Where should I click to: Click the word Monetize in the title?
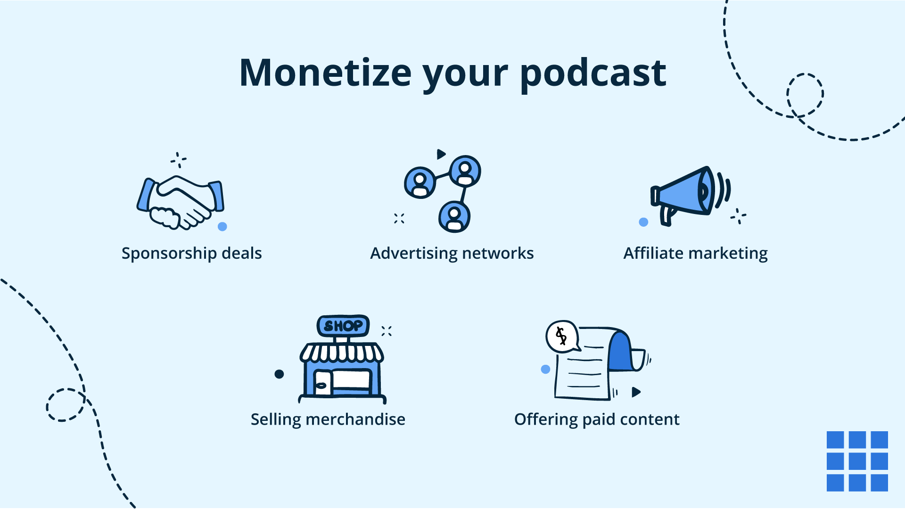(x=325, y=73)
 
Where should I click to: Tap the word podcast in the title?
(x=593, y=73)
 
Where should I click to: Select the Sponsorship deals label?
(x=191, y=254)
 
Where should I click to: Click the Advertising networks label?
(x=452, y=254)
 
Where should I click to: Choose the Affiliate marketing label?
(x=695, y=254)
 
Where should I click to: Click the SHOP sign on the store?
(x=343, y=326)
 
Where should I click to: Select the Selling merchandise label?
(x=328, y=419)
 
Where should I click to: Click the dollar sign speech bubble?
(x=561, y=336)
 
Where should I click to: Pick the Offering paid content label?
(x=596, y=419)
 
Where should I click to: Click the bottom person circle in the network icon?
(x=454, y=217)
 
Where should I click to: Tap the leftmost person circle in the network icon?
(x=420, y=182)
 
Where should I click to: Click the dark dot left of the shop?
(x=279, y=374)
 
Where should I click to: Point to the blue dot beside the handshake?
(x=222, y=227)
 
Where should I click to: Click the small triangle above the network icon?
(x=441, y=154)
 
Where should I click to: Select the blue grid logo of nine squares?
(x=857, y=461)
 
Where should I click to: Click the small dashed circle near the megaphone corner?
(x=805, y=94)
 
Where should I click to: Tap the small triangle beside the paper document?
(x=636, y=392)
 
